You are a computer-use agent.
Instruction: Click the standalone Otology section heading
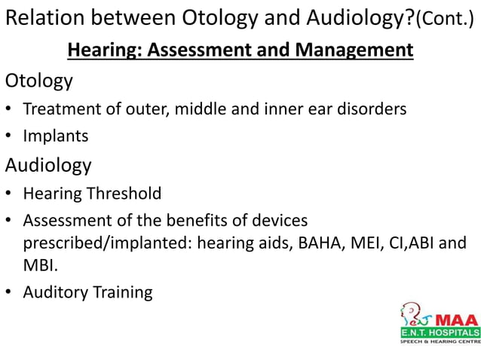[39, 80]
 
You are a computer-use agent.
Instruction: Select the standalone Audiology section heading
[48, 165]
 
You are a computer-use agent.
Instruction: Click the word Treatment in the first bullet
[63, 108]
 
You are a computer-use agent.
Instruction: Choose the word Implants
[56, 136]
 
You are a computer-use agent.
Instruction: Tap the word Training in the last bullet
[121, 292]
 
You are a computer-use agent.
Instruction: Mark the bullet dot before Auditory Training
[8, 292]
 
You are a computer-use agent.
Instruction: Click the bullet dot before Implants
[8, 136]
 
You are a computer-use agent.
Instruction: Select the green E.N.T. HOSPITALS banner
[440, 332]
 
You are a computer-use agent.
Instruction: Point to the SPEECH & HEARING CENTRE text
[440, 341]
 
